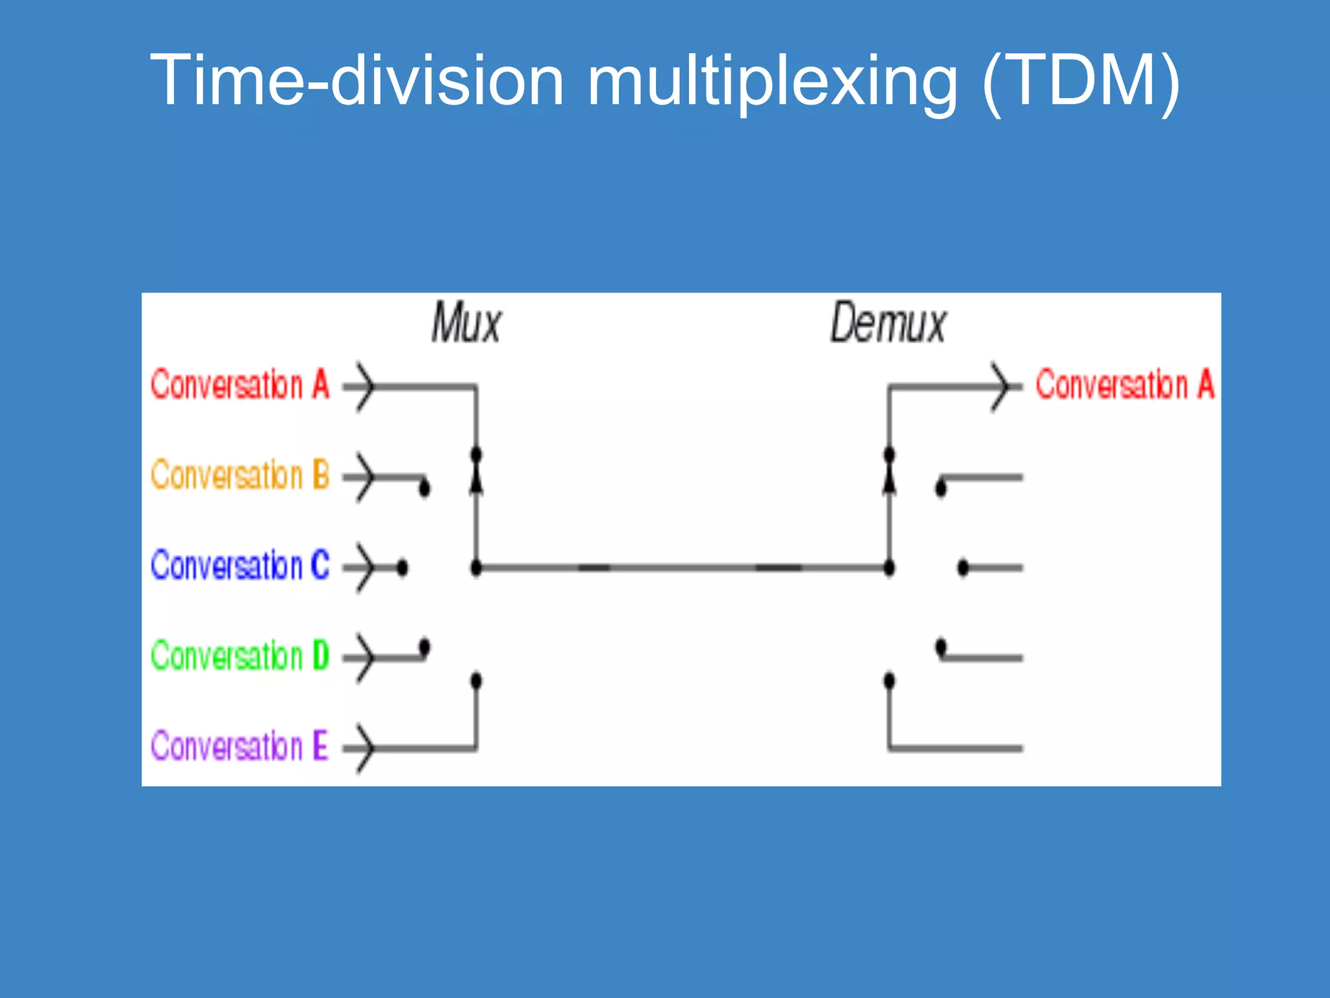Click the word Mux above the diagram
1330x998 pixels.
click(x=466, y=323)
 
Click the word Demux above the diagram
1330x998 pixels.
click(x=888, y=323)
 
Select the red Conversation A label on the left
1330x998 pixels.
click(x=240, y=384)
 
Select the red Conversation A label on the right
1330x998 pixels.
click(x=1124, y=384)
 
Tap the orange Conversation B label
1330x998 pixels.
click(x=240, y=474)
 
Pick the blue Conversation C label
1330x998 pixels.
click(x=240, y=565)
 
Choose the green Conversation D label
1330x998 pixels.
click(x=240, y=655)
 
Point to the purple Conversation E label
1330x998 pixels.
click(x=240, y=745)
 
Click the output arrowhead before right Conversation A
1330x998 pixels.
click(x=1001, y=387)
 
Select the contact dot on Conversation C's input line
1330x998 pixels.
click(x=402, y=568)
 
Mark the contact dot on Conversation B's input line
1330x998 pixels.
click(x=424, y=487)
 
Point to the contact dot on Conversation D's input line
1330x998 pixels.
click(x=424, y=647)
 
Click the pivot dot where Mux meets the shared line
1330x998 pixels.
click(x=476, y=568)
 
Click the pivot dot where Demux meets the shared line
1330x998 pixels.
click(x=889, y=568)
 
